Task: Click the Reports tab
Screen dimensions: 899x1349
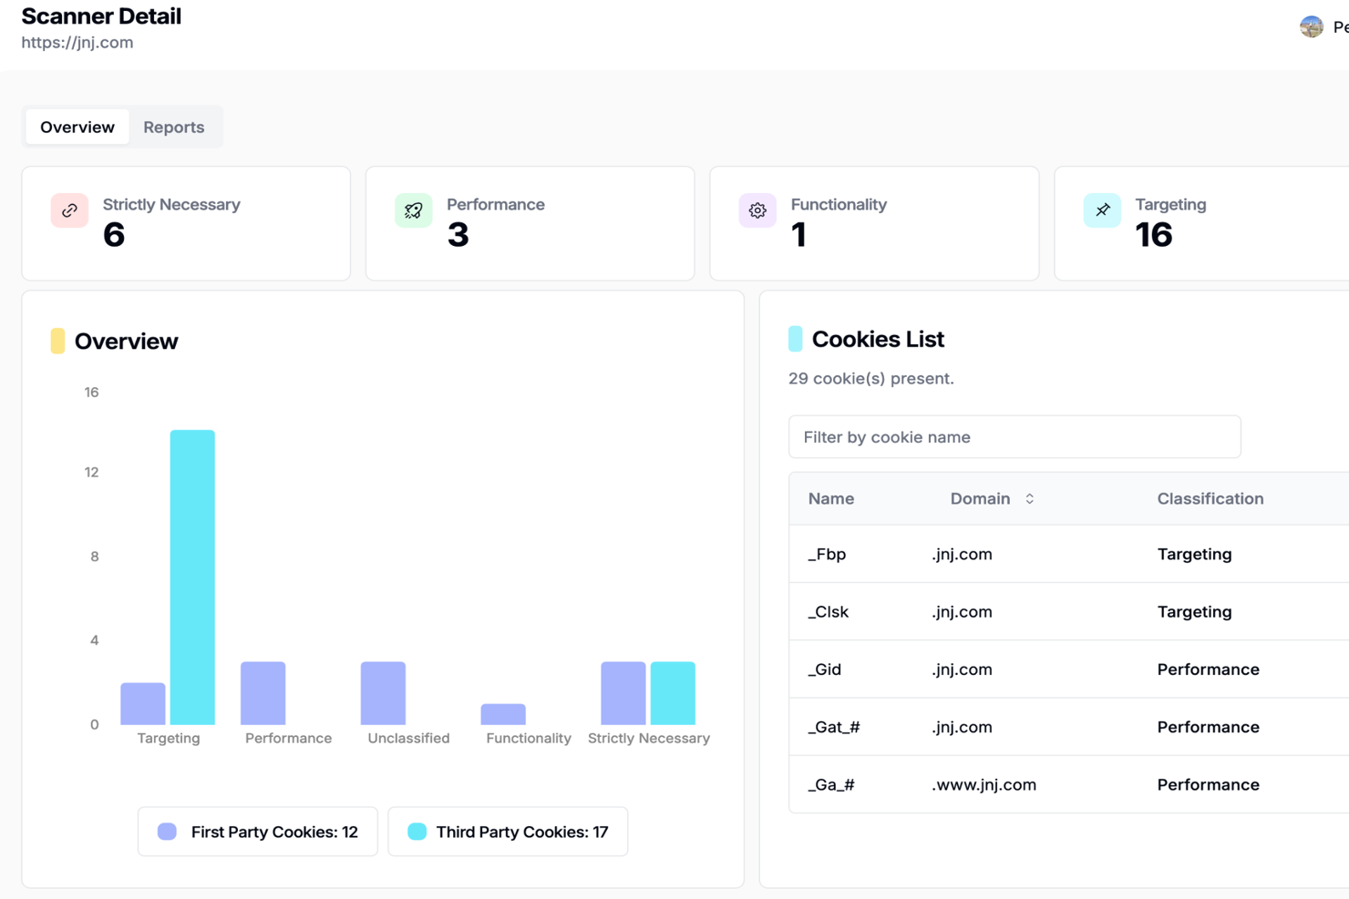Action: coord(173,128)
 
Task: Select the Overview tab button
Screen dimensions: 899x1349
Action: coord(77,128)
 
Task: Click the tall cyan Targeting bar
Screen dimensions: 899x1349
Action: coord(192,577)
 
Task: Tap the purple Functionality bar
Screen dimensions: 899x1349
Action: coord(503,714)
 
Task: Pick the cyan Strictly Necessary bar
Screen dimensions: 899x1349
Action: coord(673,693)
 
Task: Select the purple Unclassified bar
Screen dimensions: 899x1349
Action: coord(383,693)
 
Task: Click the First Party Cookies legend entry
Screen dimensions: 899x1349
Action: coord(258,832)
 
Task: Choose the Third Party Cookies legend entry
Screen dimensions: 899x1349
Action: coord(508,832)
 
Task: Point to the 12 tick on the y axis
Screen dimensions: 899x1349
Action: coord(91,472)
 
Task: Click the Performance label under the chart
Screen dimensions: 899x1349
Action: coord(288,739)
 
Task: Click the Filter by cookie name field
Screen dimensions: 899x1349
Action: coord(1014,437)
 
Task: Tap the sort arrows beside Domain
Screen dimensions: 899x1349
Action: coord(1030,499)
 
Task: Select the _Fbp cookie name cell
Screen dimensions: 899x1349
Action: coord(827,554)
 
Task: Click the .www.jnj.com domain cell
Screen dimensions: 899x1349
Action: coord(983,784)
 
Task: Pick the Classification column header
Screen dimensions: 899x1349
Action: coord(1210,499)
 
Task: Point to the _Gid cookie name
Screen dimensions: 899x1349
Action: coord(824,669)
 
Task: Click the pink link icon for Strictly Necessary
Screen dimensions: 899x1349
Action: coord(69,210)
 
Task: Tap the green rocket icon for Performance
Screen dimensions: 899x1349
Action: coord(414,210)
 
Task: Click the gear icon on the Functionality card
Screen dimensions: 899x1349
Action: coord(757,210)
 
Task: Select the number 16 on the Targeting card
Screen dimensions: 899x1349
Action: coord(1153,235)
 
